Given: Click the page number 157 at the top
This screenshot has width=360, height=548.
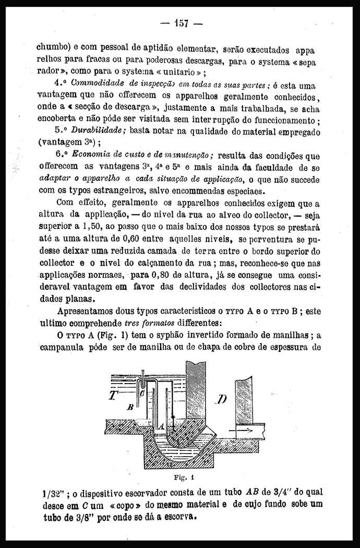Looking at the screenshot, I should [181, 23].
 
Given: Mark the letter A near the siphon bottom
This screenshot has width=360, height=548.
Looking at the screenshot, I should [162, 426].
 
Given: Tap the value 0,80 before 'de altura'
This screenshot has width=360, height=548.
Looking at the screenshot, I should [160, 275].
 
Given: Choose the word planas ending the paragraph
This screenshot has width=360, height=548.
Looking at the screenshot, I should [78, 299].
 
